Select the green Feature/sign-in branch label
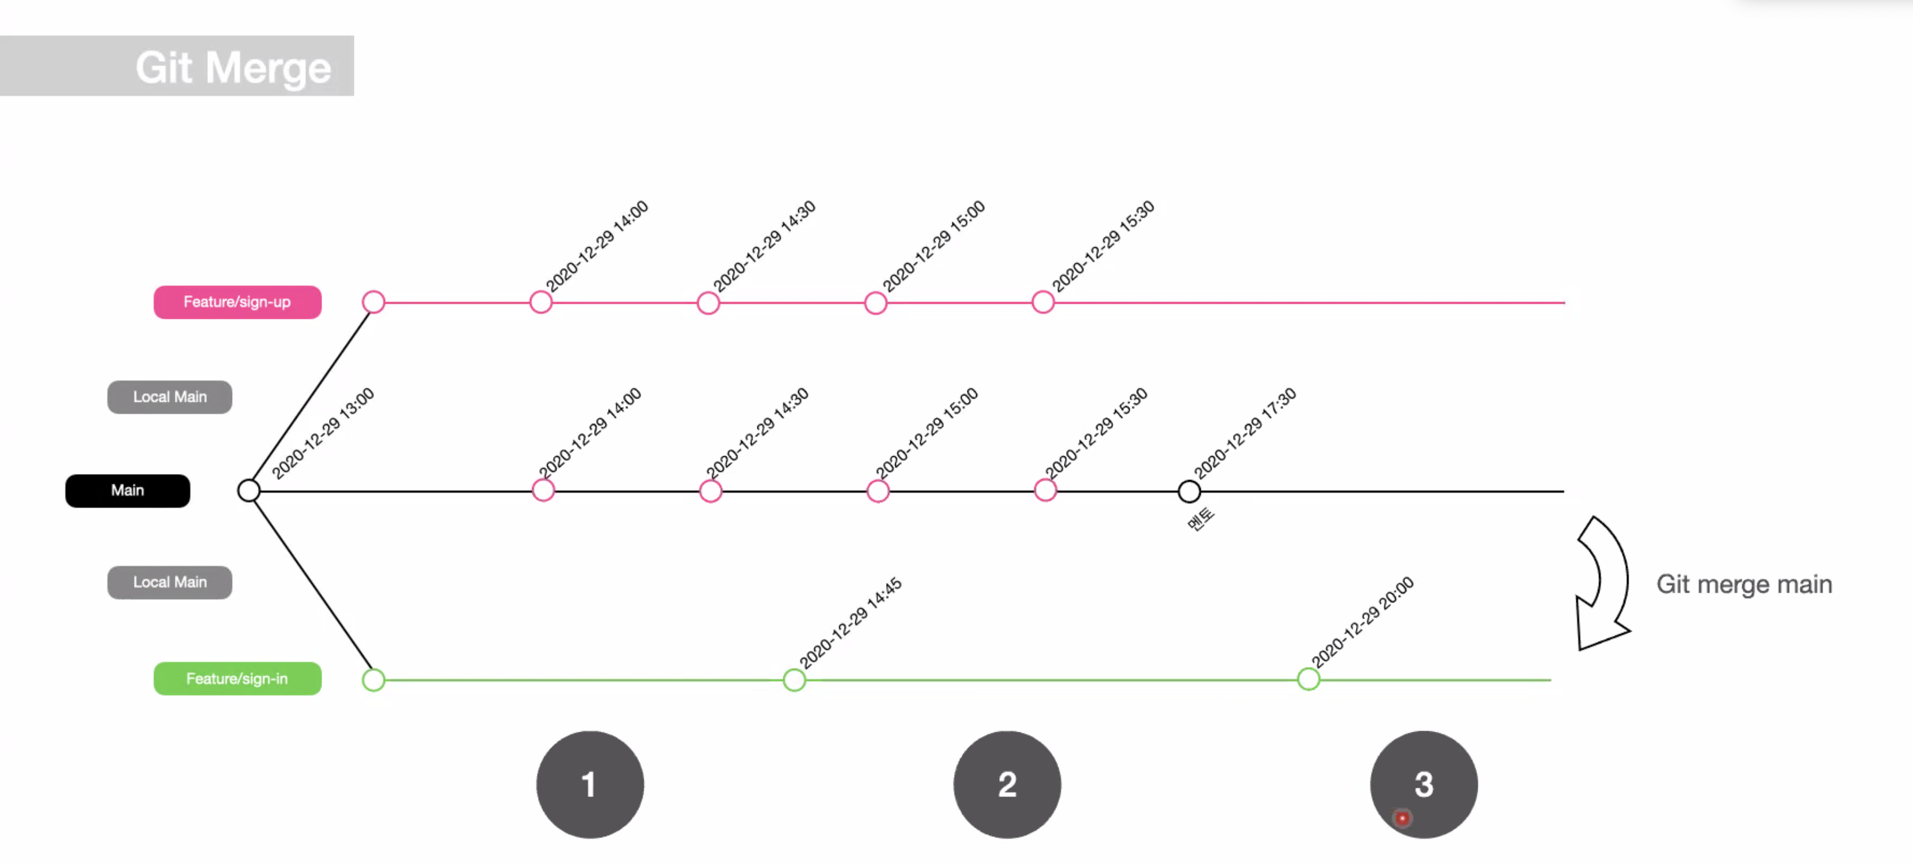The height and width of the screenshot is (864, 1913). coord(237,678)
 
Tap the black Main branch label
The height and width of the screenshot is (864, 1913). coord(128,490)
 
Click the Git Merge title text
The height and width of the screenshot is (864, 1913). coord(233,68)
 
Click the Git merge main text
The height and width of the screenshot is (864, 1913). coord(1744,584)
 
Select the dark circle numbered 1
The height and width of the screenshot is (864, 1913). coord(589,784)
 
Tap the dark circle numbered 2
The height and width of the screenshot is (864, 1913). coord(1006,784)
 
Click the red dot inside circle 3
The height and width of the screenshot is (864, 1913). coord(1402,818)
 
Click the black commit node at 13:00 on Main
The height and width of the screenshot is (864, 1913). coord(249,490)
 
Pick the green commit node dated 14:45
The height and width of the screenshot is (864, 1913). coord(794,679)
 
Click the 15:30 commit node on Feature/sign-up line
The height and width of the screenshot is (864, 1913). coord(1043,303)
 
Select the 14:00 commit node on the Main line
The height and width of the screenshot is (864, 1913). coord(543,490)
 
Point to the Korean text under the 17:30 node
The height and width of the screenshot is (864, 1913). coord(1200,519)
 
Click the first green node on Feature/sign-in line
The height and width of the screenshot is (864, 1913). coord(373,679)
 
